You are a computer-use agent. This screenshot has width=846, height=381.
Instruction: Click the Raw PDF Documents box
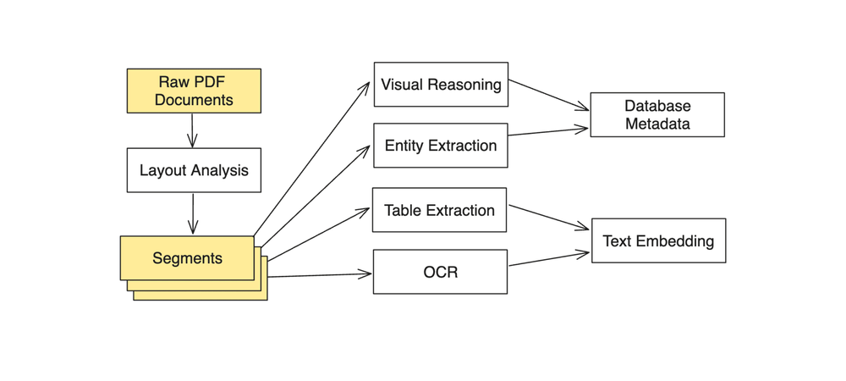(194, 91)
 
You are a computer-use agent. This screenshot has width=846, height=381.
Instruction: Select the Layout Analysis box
(194, 170)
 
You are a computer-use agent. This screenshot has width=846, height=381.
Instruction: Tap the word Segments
(187, 258)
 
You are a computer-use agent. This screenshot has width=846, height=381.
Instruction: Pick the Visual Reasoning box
(441, 85)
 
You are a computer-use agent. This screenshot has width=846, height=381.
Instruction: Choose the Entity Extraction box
(441, 146)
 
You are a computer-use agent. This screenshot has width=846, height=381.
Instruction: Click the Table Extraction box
(439, 210)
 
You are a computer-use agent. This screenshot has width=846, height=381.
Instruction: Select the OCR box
(440, 272)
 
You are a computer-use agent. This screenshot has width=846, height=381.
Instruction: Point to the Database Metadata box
(657, 115)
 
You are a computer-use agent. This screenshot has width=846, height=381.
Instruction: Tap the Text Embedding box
(658, 241)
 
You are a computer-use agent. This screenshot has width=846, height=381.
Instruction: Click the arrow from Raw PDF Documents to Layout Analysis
(193, 130)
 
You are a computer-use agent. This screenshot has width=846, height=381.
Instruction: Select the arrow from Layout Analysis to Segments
(193, 213)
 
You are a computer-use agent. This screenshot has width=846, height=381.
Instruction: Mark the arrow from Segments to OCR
(320, 274)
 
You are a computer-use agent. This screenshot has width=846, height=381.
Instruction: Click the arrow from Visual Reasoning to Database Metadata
(548, 95)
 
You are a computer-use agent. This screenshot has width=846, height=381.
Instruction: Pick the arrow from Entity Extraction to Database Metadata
(548, 131)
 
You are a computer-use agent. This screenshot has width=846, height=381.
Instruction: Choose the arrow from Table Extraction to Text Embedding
(548, 217)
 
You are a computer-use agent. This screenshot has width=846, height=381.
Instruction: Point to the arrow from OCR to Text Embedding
(548, 258)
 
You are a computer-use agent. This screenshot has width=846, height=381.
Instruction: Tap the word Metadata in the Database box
(658, 124)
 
